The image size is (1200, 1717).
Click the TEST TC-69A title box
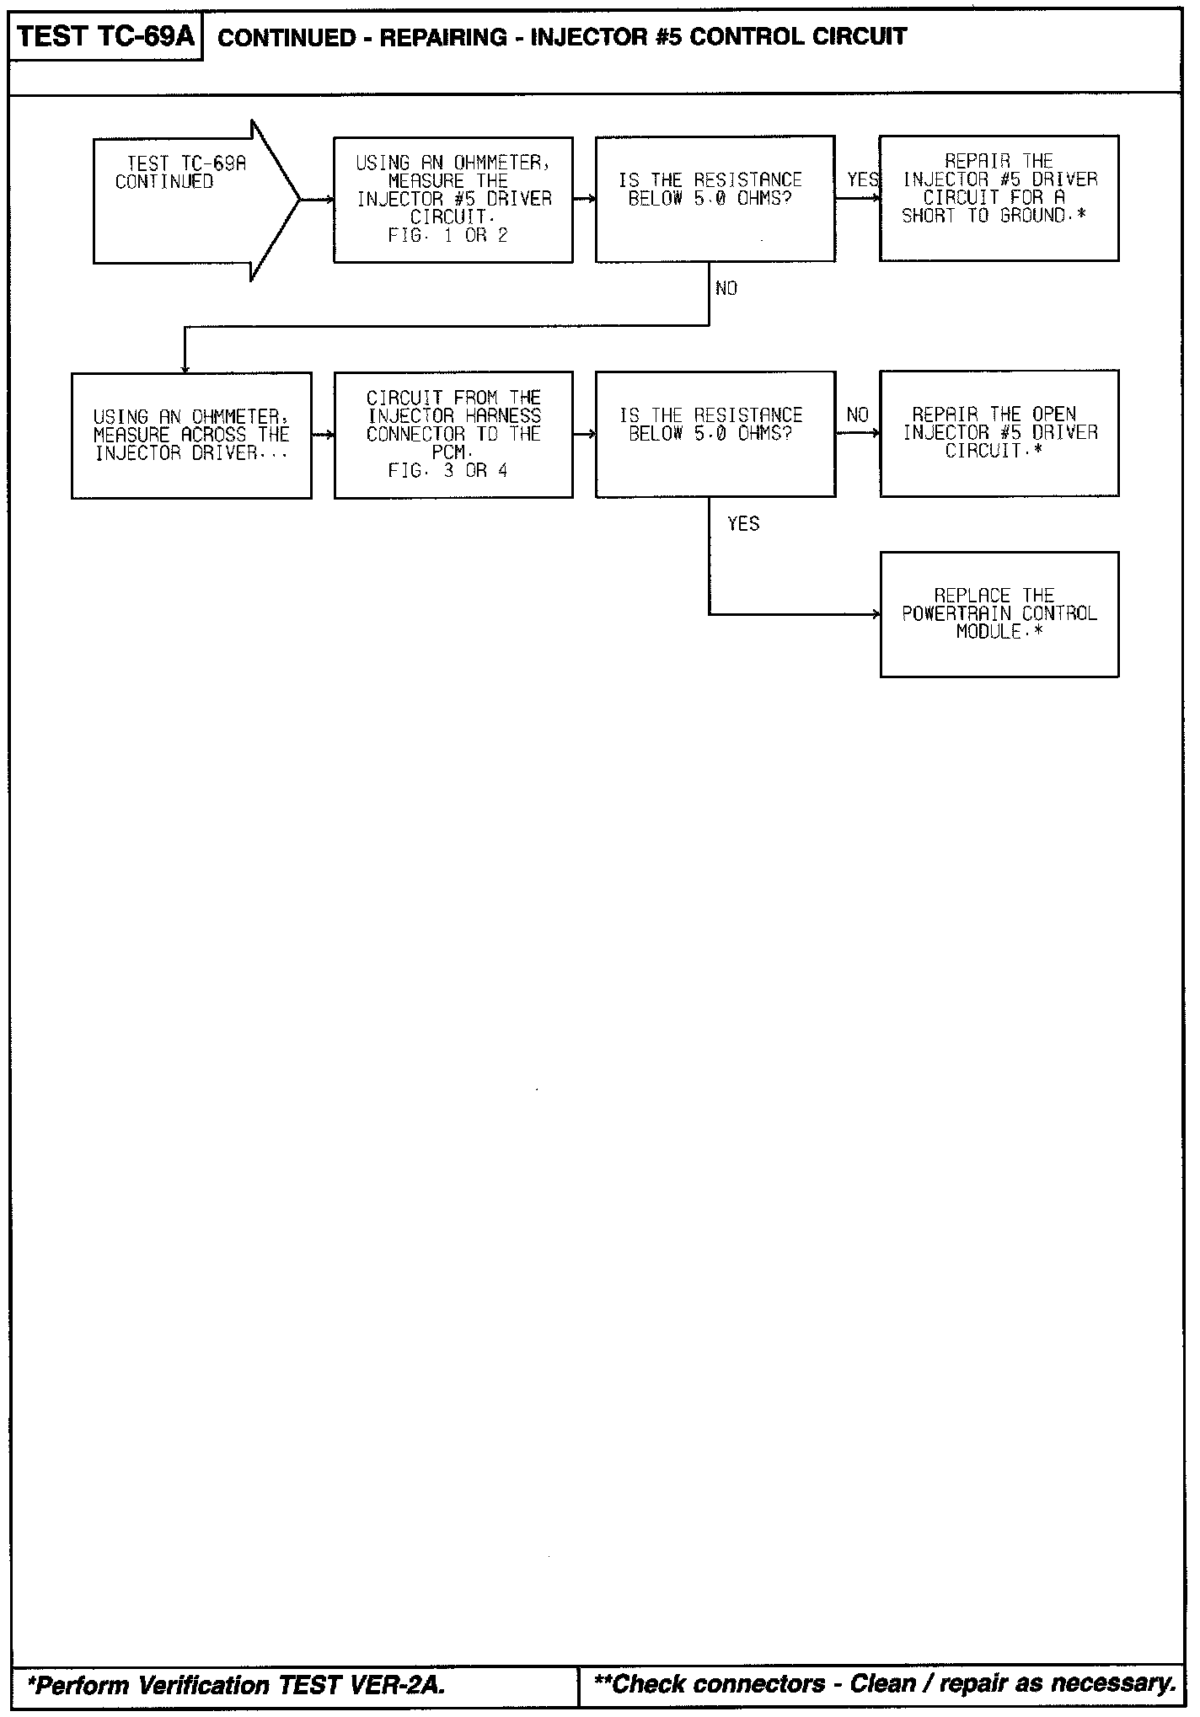click(105, 37)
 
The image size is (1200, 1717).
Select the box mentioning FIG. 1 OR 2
click(453, 200)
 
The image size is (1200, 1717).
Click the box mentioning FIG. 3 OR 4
click(453, 435)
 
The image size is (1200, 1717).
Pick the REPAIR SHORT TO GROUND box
click(999, 198)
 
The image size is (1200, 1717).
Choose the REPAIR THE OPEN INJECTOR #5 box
click(999, 433)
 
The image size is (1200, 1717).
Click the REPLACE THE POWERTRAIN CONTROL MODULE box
click(999, 614)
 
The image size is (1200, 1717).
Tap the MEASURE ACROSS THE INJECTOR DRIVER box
click(191, 435)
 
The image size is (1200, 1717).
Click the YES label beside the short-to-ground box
click(862, 179)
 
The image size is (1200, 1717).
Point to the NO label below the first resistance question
click(726, 289)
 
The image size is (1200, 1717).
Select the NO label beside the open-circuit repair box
click(857, 415)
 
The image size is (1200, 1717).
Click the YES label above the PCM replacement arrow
click(743, 524)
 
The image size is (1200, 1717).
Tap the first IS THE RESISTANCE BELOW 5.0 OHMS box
click(715, 200)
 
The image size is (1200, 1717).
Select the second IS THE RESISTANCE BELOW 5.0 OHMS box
click(715, 434)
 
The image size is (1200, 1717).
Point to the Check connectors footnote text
click(884, 1684)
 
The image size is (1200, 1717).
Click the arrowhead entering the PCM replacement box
click(876, 614)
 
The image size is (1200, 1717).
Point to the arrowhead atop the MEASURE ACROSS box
click(185, 368)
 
